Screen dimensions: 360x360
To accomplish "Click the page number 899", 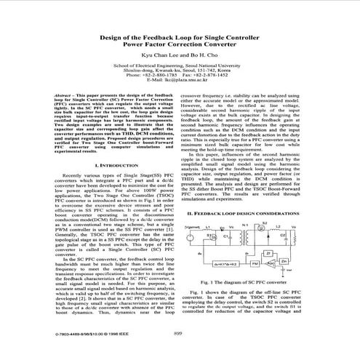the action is (x=177, y=334).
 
